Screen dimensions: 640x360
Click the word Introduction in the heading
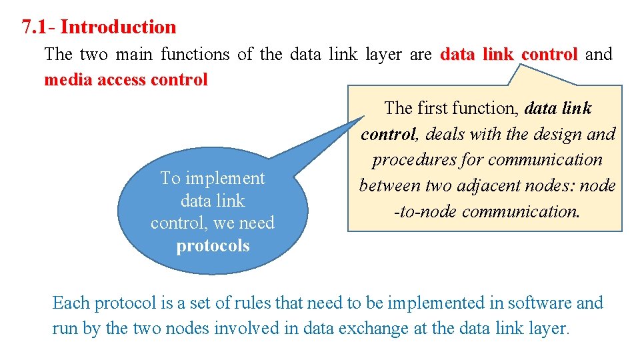[x=119, y=27]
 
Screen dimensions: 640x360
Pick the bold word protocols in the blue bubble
[x=213, y=246]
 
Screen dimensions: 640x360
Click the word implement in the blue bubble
[x=225, y=179]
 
